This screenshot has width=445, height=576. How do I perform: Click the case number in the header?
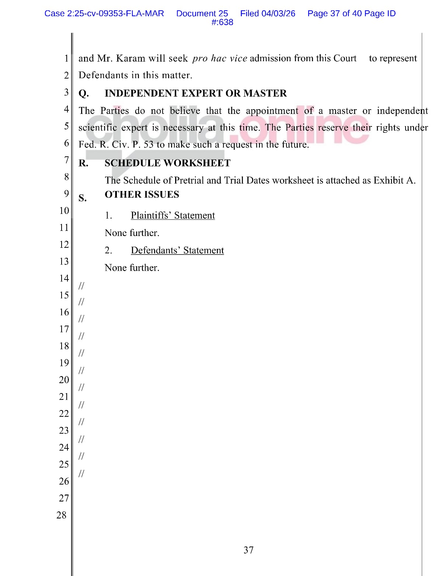point(104,14)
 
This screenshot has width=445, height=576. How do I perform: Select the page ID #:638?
point(222,22)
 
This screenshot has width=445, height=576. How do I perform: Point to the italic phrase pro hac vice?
point(219,59)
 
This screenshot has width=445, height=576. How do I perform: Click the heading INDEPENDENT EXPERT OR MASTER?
point(195,93)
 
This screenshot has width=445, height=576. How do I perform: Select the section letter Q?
point(83,94)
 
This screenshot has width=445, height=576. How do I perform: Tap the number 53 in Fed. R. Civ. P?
point(148,145)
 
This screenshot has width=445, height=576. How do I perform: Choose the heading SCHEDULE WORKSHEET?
point(167,163)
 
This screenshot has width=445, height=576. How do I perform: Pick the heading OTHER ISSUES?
point(142,195)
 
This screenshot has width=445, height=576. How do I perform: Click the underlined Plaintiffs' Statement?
point(173,215)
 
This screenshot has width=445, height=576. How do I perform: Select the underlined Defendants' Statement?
point(177,250)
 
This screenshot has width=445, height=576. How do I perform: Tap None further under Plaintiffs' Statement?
point(132,233)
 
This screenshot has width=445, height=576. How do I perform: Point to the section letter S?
point(83,198)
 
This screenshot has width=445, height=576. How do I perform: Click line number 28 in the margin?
point(62,515)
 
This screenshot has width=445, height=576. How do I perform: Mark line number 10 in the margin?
point(64,211)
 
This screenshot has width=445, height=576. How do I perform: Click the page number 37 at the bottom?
point(248,550)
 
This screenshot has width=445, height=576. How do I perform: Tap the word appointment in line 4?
point(272,111)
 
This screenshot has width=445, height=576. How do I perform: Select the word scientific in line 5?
point(98,128)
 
